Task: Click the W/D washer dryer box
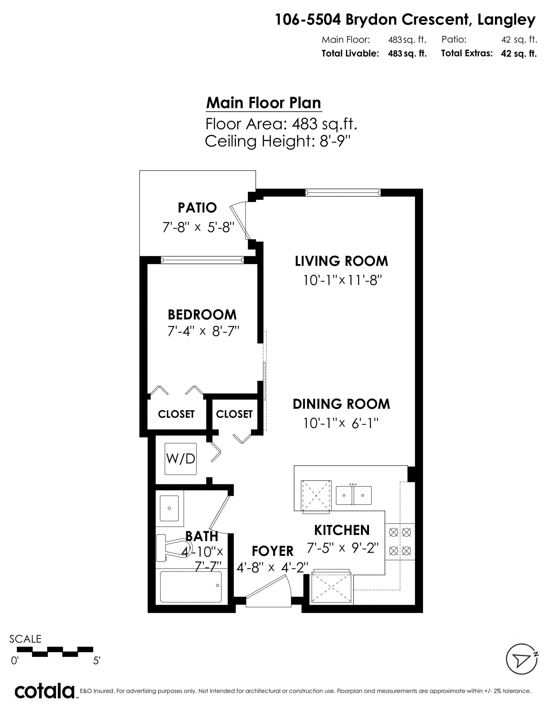[181, 459]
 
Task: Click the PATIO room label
[197, 208]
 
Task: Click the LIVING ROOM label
[341, 261]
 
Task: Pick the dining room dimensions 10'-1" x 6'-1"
[341, 423]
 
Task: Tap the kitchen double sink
[354, 495]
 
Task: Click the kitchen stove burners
[400, 541]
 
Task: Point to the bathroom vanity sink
[169, 509]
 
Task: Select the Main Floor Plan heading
[264, 103]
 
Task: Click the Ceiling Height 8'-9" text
[277, 141]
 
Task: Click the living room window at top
[343, 193]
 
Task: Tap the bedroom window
[202, 260]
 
